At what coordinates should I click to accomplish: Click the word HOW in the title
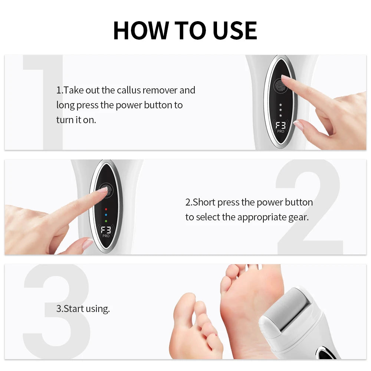pyautogui.click(x=138, y=30)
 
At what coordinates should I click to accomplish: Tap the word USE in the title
pyautogui.click(x=234, y=30)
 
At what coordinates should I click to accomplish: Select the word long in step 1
pyautogui.click(x=65, y=105)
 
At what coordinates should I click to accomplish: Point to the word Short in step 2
pyautogui.click(x=204, y=202)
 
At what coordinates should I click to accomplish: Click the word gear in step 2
pyautogui.click(x=298, y=217)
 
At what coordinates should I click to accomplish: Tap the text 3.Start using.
pyautogui.click(x=83, y=309)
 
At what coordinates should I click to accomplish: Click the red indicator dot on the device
pyautogui.click(x=106, y=209)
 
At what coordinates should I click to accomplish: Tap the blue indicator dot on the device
pyautogui.click(x=106, y=214)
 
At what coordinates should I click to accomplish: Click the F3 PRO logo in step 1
pyautogui.click(x=280, y=127)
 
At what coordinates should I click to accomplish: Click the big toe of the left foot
pyautogui.click(x=185, y=304)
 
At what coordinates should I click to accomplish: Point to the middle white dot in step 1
pyautogui.click(x=280, y=110)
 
